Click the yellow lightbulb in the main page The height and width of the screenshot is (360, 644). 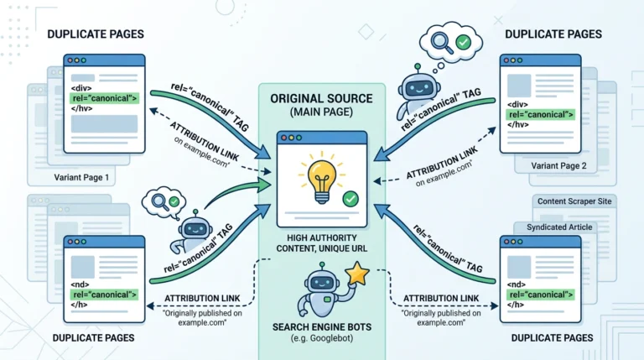pos(322,181)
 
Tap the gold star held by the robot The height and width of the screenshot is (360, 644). pos(357,274)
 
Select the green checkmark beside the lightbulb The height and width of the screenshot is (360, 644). pos(351,200)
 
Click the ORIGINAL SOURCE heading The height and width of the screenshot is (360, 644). pos(322,99)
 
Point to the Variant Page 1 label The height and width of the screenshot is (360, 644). pos(81,178)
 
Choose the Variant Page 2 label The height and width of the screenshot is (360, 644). pos(558,165)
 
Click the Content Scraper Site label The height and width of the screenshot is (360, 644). pos(574,201)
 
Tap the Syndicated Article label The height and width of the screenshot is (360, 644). pos(559,227)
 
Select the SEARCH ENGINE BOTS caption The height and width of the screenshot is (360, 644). pos(322,327)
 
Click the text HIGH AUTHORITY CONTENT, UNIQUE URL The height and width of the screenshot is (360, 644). pos(322,243)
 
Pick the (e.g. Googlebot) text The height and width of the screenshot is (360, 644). pos(322,339)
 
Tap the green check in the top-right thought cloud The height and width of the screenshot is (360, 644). pos(463,42)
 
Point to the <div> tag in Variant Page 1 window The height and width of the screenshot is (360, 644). pos(81,88)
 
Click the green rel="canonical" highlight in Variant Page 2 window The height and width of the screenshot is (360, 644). pos(541,115)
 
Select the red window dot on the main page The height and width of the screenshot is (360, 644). pos(283,138)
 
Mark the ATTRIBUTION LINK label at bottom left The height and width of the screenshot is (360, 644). pos(202,299)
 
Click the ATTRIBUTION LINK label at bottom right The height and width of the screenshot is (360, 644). pos(441,299)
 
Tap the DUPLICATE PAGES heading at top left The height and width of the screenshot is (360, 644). pos(96,34)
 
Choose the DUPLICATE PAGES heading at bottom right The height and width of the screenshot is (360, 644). pos(552,338)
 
